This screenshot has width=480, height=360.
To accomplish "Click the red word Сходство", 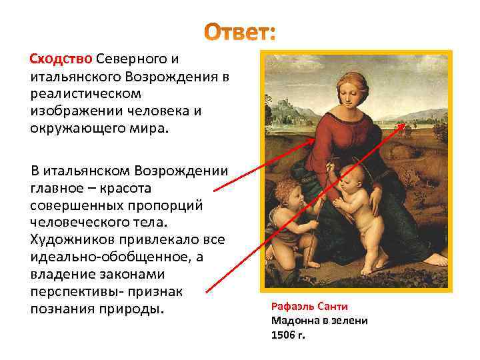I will [x=61, y=59].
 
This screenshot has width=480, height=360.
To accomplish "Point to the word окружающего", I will [x=74, y=126].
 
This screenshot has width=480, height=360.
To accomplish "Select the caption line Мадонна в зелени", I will [x=319, y=320].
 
